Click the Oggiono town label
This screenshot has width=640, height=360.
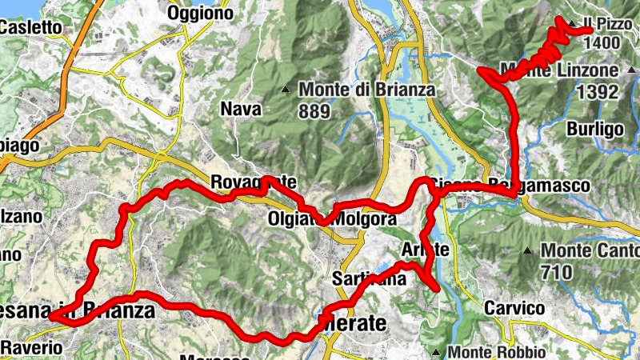[x=200, y=13]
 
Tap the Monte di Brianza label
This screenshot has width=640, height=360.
[x=367, y=90]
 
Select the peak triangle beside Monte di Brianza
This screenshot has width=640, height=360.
[x=286, y=89]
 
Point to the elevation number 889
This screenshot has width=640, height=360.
[x=314, y=110]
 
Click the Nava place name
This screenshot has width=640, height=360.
[x=240, y=110]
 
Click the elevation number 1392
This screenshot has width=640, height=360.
[x=597, y=91]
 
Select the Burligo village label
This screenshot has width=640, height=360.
[x=594, y=129]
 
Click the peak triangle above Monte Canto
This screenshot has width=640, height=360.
[x=527, y=250]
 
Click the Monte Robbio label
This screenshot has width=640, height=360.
[x=497, y=351]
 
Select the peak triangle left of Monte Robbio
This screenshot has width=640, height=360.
[x=434, y=351]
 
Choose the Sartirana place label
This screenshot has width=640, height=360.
[x=370, y=278]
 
